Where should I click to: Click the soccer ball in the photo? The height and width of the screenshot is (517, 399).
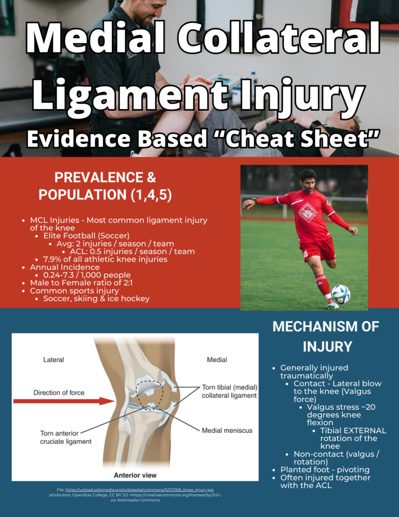341,294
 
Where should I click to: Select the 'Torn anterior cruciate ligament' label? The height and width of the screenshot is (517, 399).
66,437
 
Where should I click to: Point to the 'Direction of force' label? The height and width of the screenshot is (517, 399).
59,393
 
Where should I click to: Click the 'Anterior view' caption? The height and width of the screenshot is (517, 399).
135,475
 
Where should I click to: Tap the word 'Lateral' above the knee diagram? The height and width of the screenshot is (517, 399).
53,359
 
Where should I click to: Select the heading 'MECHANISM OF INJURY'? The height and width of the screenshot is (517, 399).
326,337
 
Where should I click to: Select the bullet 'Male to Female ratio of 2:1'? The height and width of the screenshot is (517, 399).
86,283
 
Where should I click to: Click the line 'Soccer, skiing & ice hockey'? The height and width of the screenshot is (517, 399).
96,299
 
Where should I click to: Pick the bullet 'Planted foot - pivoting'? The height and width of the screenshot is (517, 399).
325,470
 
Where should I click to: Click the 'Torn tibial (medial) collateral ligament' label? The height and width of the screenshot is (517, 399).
229,391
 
